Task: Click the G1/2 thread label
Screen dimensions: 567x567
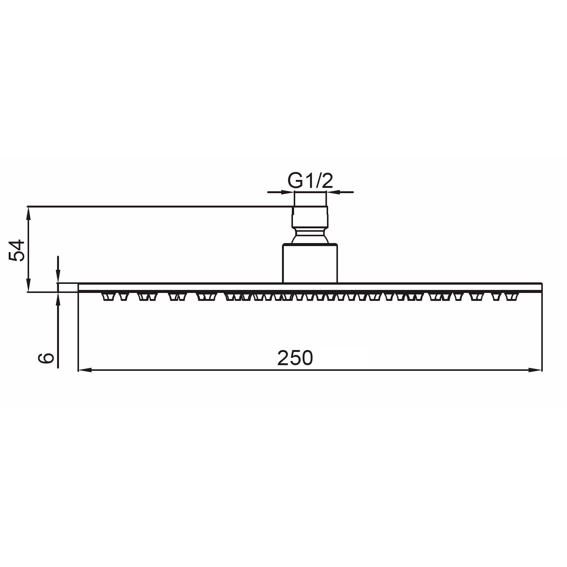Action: click(x=310, y=181)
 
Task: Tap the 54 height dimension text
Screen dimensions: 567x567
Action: click(x=17, y=250)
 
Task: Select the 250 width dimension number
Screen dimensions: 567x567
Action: click(x=295, y=358)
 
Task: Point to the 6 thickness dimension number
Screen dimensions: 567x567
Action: click(x=46, y=357)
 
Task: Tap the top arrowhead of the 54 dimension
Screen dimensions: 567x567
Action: click(x=28, y=212)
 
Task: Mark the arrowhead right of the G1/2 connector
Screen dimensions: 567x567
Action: click(x=333, y=192)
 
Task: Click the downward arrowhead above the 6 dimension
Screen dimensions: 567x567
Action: click(x=58, y=277)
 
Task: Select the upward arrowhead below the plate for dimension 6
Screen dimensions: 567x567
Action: click(x=58, y=298)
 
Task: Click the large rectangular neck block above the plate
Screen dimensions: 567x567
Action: click(x=310, y=263)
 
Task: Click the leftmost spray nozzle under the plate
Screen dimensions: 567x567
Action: click(x=107, y=297)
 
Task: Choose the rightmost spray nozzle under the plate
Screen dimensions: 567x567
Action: click(x=513, y=297)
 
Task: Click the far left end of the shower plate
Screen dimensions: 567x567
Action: click(x=79, y=287)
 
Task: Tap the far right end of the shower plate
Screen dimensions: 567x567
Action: click(x=541, y=287)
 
